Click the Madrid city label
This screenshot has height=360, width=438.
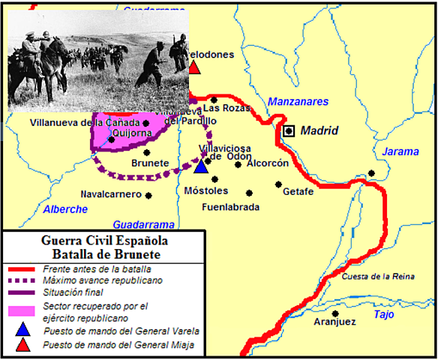(319, 131)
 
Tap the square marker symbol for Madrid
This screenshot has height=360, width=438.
(289, 131)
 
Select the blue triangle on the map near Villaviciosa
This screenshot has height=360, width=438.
(199, 165)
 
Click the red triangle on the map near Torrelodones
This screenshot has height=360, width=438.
(194, 67)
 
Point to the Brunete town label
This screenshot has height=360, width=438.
(150, 163)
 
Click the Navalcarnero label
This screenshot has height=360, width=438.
(111, 194)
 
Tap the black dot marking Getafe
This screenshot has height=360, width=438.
(278, 184)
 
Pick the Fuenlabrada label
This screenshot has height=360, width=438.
(231, 206)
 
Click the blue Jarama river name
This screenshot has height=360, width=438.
(400, 151)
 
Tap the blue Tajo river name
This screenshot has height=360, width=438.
(383, 314)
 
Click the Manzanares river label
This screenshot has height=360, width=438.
(298, 101)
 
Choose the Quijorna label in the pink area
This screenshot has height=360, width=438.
(136, 133)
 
